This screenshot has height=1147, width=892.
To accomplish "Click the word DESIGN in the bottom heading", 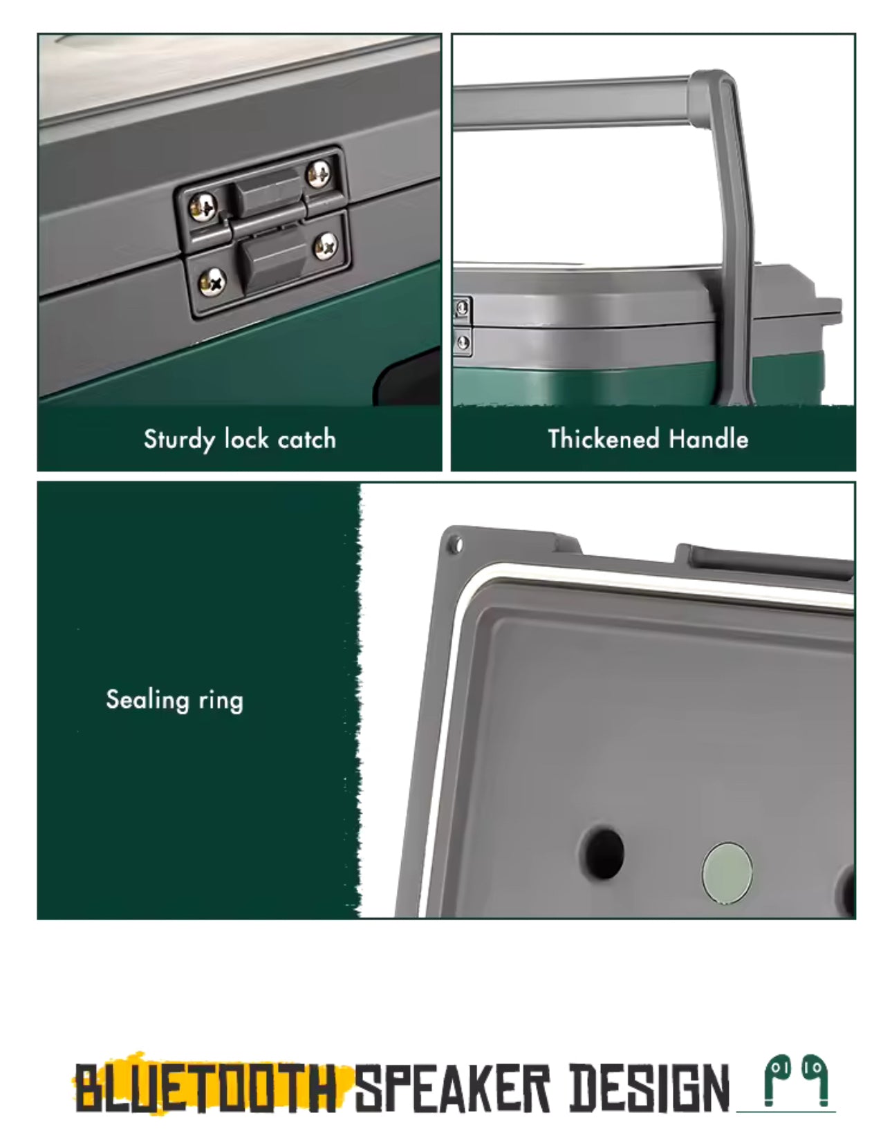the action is pyautogui.click(x=650, y=1088).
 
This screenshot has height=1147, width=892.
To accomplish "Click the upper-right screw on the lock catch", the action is pyautogui.click(x=319, y=174).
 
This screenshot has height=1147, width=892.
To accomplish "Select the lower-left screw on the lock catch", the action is pyautogui.click(x=212, y=281).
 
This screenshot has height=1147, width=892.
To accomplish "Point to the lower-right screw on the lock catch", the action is pyautogui.click(x=326, y=245).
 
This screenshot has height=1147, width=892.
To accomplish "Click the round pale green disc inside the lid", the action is pyautogui.click(x=727, y=873).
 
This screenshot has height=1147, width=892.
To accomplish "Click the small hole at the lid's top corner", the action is pyautogui.click(x=457, y=544).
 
